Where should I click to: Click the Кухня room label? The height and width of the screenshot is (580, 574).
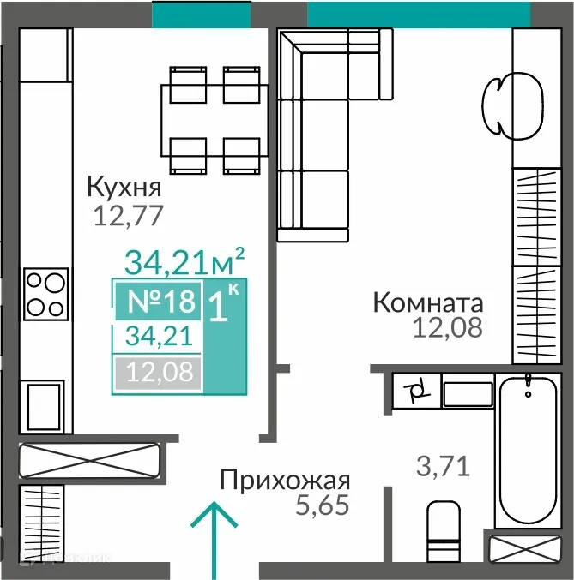(x=124, y=186)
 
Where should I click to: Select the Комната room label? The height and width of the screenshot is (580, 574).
(x=428, y=302)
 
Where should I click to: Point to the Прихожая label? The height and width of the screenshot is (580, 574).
(x=284, y=480)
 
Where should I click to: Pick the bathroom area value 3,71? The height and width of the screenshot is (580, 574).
(x=444, y=467)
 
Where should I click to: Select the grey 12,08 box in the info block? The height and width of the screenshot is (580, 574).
(x=158, y=373)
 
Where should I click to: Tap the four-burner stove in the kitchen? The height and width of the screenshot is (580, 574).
(x=45, y=294)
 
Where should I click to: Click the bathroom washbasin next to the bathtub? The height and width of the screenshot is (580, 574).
(x=467, y=394)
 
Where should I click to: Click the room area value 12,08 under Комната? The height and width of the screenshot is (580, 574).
(x=446, y=326)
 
